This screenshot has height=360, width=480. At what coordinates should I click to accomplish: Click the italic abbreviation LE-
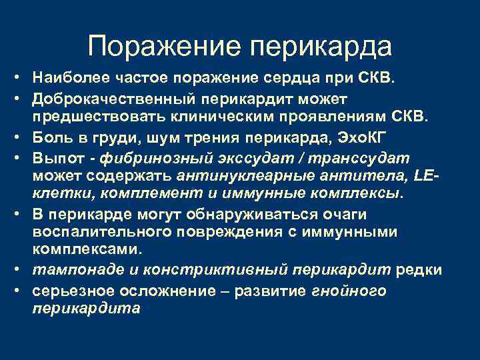[427, 175]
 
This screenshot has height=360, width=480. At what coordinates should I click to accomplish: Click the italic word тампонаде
[73, 269]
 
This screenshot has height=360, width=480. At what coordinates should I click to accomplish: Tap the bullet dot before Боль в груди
[22, 137]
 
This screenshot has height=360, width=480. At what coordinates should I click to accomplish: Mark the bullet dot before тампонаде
[22, 269]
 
